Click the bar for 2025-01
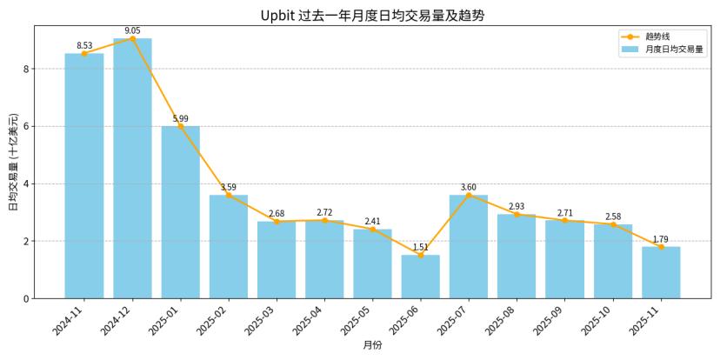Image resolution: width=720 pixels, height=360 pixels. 180,212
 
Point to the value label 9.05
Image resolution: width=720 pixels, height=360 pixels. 132,30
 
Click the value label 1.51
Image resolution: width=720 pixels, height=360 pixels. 421,247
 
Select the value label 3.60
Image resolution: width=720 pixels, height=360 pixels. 469,187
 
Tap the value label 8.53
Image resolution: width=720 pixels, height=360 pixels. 84,45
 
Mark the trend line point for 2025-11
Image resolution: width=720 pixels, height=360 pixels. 661,247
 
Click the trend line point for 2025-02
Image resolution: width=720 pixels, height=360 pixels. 229,195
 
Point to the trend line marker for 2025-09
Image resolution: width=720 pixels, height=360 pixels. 565,220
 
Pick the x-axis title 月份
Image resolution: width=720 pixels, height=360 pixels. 372,345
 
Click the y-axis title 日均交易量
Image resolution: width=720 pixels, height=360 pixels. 13,162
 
